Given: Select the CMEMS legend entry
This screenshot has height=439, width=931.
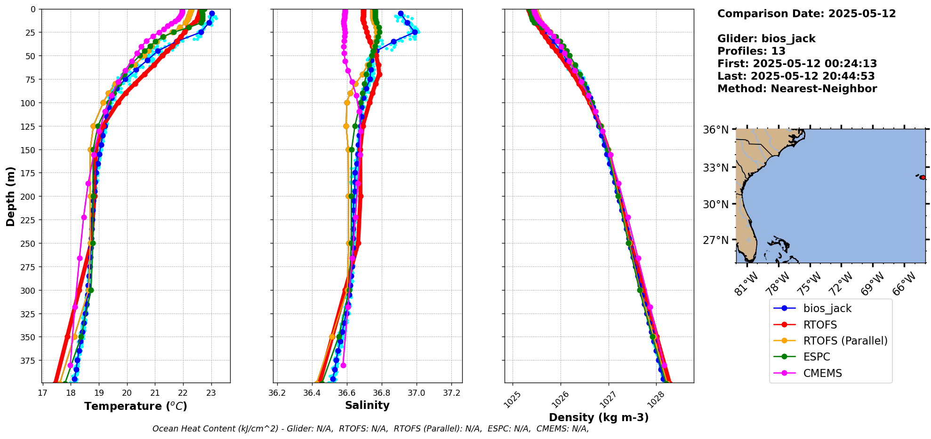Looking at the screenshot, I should [x=822, y=373].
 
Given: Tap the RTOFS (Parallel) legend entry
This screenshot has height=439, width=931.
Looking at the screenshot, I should [x=845, y=341].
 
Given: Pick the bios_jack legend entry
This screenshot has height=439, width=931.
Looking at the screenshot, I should [x=827, y=308].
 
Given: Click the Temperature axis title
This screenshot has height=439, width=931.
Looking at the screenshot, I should [x=136, y=406].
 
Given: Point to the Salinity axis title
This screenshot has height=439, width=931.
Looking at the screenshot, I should [x=367, y=405].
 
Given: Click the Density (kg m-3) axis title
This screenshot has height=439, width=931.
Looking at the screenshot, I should [x=599, y=417].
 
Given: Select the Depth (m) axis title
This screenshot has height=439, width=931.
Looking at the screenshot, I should [x=10, y=196].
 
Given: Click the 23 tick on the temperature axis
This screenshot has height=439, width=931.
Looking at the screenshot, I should [x=211, y=393].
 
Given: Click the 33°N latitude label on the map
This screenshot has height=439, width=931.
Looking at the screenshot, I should [x=715, y=168].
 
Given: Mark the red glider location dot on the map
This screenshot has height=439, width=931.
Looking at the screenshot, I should [x=923, y=177].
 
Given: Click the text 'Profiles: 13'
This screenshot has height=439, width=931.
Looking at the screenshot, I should [x=751, y=51].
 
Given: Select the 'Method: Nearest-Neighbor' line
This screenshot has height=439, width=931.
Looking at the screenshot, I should [x=797, y=89].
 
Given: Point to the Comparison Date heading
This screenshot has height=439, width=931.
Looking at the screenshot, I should [x=806, y=14].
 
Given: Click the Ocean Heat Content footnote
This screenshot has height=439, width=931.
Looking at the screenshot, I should [x=370, y=429].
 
